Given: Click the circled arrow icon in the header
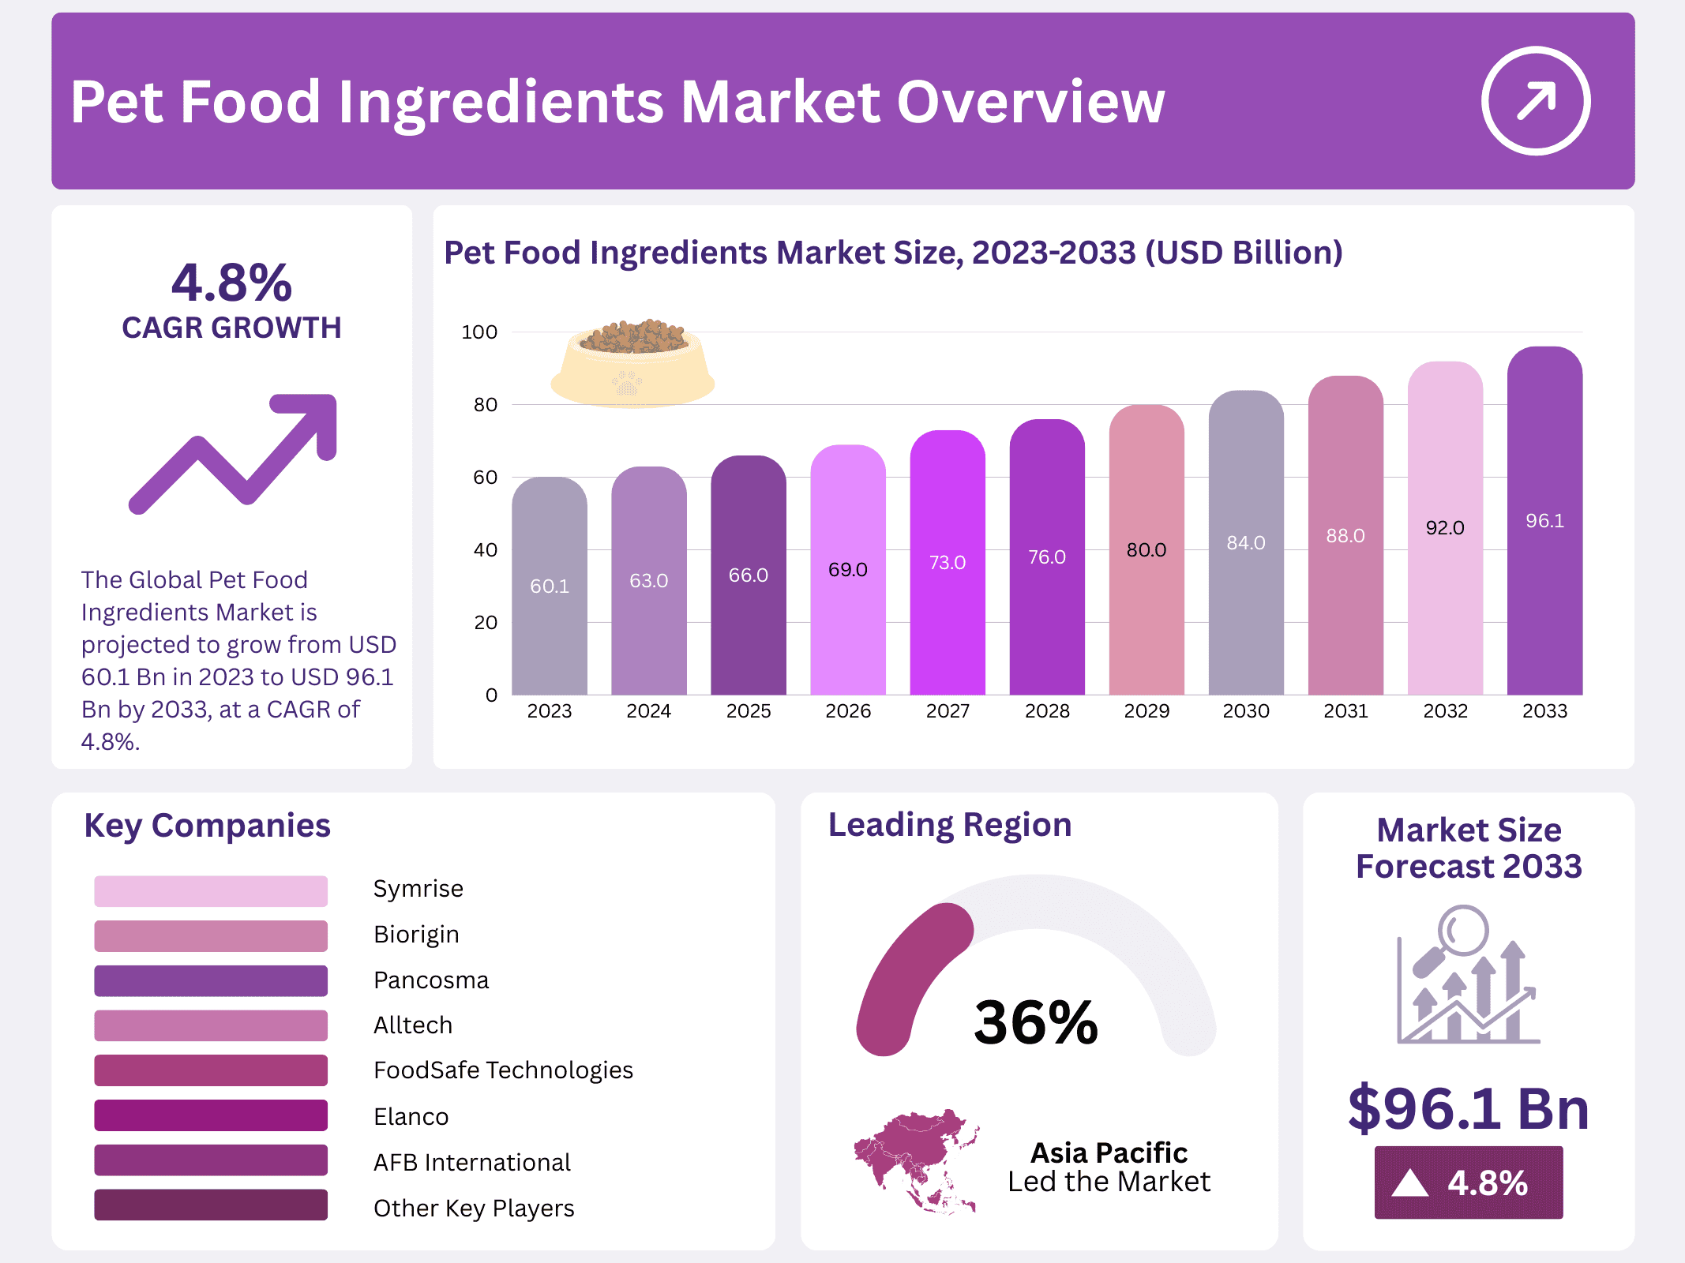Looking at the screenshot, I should (1535, 101).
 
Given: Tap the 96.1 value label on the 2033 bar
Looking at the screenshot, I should (1544, 521).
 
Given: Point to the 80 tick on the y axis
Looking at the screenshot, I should (485, 405).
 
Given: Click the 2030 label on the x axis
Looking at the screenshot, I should (1245, 711).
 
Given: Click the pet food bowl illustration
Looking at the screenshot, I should (632, 363).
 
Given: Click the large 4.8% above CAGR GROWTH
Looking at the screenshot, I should (231, 283).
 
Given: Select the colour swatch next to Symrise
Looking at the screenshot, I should (210, 890).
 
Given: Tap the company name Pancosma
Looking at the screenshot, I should (430, 980).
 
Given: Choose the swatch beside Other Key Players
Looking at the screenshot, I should (210, 1205).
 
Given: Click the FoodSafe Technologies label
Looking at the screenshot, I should (502, 1070).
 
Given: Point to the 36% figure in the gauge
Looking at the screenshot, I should (1035, 1023).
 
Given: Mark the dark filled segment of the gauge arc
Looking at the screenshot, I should (908, 971).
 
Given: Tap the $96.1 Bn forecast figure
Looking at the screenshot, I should (1468, 1109).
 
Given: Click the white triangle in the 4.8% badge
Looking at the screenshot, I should (1409, 1183).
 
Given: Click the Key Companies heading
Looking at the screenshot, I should (207, 826).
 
